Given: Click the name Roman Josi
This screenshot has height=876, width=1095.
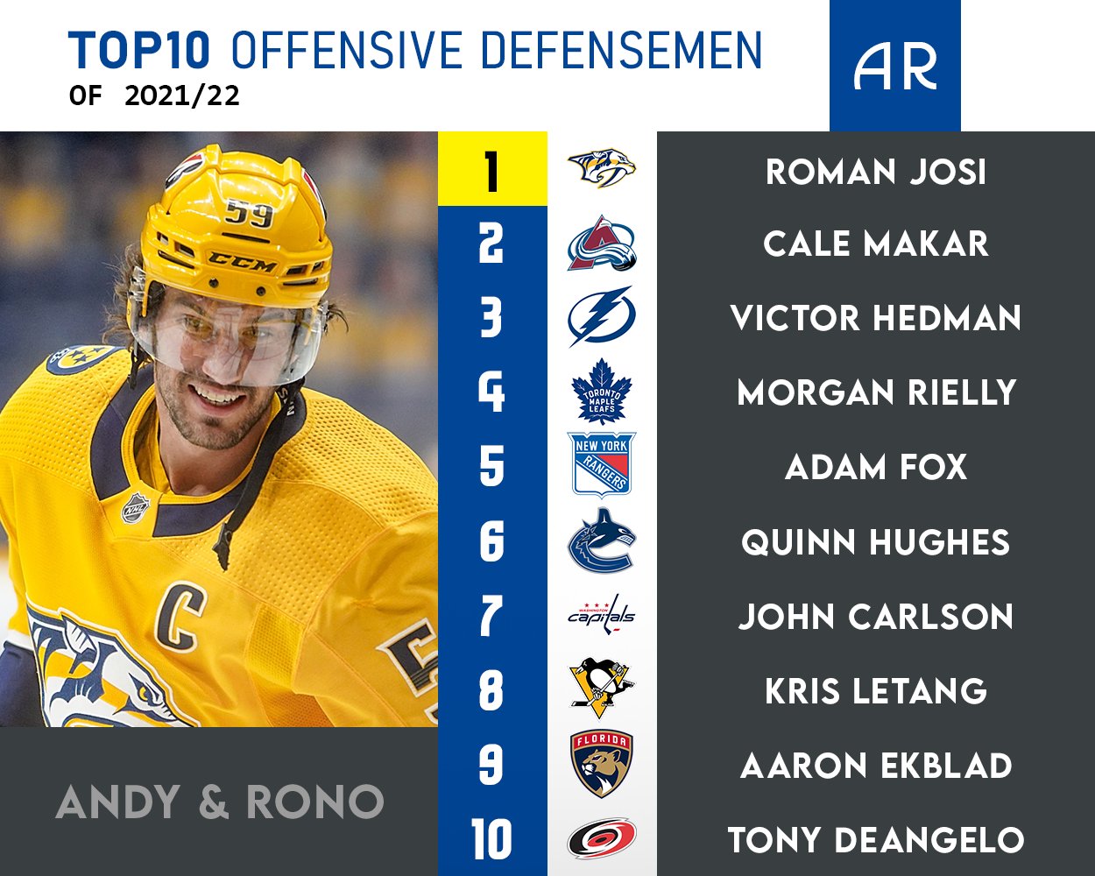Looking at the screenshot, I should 875,172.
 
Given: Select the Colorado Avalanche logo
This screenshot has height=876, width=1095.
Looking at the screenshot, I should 601,243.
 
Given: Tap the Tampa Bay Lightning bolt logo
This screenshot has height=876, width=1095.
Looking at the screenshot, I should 601,316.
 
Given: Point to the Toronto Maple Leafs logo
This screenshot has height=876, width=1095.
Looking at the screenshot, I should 601,391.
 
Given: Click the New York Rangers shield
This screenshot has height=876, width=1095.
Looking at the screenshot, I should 601,464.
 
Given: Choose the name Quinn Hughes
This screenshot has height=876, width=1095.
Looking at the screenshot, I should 875,543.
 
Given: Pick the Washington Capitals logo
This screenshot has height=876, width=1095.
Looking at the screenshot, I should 601,614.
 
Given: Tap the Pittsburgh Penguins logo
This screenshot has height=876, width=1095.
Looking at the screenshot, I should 601,689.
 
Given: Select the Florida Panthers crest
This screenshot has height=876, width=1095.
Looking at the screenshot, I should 601,764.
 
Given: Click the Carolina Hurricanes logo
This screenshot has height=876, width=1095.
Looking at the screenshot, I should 601,838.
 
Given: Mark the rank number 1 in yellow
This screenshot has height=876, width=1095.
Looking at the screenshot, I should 491,170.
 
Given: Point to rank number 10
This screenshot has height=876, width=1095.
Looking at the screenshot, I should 491,839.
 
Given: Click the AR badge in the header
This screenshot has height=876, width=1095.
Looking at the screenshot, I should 894,66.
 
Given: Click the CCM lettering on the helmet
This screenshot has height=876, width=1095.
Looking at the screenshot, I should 242,261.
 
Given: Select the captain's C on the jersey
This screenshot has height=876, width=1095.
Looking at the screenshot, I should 180,615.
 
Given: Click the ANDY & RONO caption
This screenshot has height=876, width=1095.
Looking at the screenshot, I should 219,802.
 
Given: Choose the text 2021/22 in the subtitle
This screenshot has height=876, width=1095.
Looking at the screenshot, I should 182,95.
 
